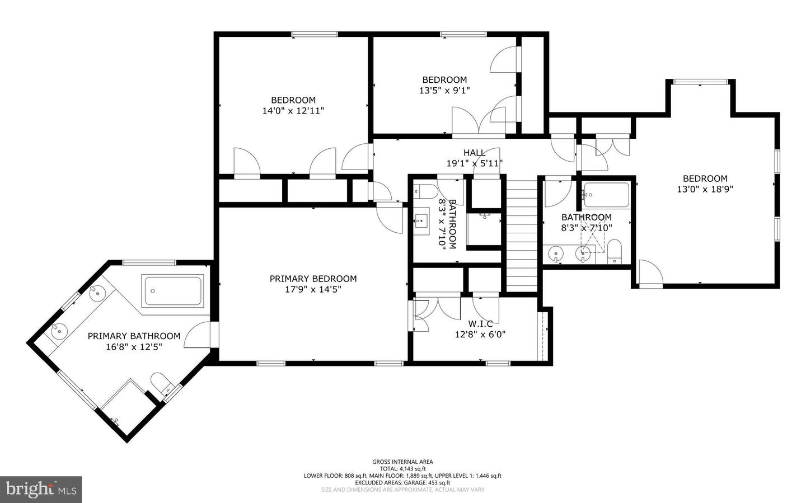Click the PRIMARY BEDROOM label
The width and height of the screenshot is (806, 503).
(x=313, y=279)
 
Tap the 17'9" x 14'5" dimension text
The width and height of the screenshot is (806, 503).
(x=313, y=289)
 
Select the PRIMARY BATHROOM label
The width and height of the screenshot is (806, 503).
(x=134, y=336)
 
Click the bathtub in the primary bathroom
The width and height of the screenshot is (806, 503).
(x=173, y=291)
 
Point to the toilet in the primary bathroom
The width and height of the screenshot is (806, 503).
(x=161, y=383)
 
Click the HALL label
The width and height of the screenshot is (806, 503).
(x=474, y=153)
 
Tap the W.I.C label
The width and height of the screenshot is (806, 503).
(x=480, y=323)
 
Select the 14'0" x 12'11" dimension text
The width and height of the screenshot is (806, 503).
(x=293, y=111)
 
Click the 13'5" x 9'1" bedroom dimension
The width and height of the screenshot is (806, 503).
(x=444, y=90)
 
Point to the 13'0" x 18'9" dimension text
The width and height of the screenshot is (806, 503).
(x=705, y=189)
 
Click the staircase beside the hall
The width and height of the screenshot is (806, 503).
(x=522, y=236)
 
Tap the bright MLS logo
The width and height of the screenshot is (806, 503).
(x=41, y=490)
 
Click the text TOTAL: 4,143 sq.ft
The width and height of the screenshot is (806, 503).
(x=402, y=469)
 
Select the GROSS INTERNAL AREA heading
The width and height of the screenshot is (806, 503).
(x=402, y=462)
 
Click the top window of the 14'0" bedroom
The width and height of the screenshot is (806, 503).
(x=315, y=34)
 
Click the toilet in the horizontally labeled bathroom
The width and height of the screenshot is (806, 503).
(x=614, y=252)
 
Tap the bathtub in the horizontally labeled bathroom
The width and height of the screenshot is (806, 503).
(x=606, y=195)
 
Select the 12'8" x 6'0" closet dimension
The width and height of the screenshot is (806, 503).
(x=480, y=335)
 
